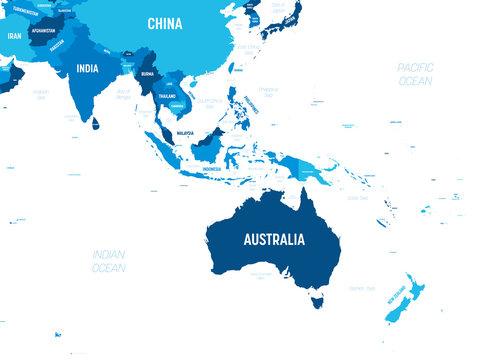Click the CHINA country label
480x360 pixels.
click(x=164, y=23)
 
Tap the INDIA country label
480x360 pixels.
click(x=87, y=69)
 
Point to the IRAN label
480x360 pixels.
click(x=14, y=36)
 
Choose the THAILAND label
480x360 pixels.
click(x=168, y=96)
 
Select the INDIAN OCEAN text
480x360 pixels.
click(x=108, y=261)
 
